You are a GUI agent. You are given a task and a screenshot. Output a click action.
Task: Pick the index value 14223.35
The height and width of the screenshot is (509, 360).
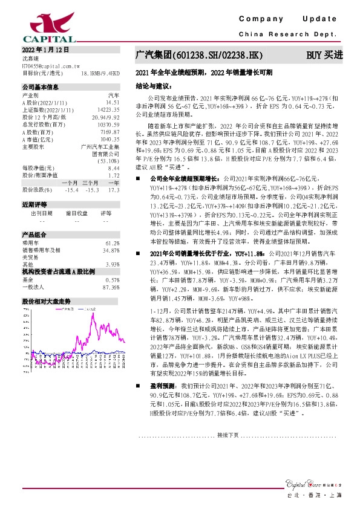[x=107, y=110]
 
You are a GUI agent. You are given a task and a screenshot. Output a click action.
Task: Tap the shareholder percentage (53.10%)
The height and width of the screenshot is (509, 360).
[x=108, y=161]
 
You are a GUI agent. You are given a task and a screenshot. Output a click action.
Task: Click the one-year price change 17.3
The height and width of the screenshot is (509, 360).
[x=113, y=190]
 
